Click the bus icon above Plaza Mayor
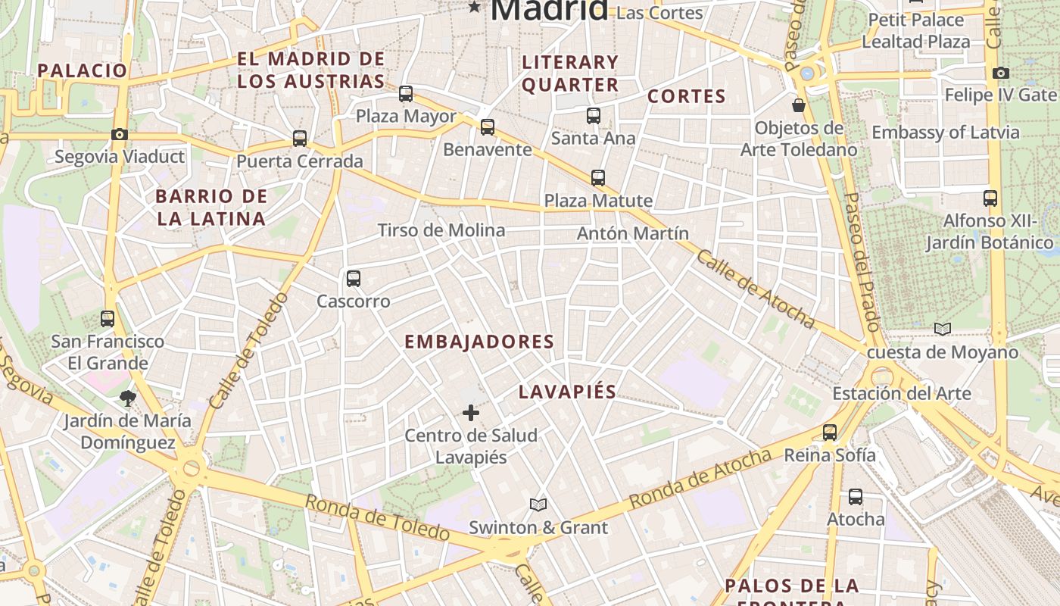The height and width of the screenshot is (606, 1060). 406,94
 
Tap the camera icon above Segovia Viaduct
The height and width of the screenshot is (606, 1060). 119,135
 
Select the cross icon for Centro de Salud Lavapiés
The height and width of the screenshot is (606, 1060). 471,413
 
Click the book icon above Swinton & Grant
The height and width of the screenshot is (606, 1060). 538,504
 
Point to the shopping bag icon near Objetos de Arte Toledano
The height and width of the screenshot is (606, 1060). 798,105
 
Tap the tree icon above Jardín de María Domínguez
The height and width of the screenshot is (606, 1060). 127,398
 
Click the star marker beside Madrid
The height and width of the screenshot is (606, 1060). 475,8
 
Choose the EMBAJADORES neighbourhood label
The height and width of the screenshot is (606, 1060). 479,342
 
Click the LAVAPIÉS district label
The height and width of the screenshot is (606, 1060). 567,392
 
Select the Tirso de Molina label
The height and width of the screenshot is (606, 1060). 441,230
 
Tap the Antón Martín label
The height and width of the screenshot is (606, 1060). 633,233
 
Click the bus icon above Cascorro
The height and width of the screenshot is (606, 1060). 354,278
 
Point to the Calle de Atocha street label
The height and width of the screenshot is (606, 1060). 755,289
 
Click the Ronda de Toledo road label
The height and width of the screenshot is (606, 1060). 377,518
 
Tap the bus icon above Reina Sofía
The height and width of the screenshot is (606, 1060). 830,433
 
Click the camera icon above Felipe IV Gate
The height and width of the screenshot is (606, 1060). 1000,73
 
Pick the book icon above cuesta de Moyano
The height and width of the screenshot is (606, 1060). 942,329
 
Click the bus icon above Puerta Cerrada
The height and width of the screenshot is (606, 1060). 300,139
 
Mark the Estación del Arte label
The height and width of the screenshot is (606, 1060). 901,393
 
